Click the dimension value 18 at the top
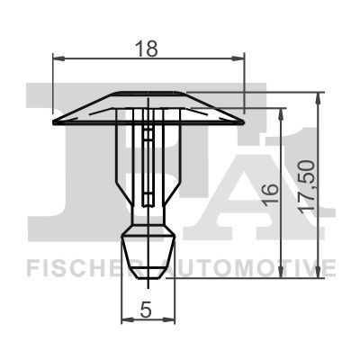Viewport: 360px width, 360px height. [146, 49]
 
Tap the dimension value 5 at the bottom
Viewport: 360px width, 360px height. [146, 310]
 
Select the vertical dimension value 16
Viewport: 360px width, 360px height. [270, 194]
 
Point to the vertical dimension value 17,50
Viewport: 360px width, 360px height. [307, 186]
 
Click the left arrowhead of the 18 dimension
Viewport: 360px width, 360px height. [58, 59]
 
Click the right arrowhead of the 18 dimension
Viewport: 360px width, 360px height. [238, 59]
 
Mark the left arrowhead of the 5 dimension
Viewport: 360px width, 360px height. [127, 320]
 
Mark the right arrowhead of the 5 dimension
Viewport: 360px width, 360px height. [169, 320]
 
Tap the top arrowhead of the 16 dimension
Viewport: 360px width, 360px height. [281, 114]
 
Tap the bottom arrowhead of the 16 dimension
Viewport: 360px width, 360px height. [281, 272]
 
